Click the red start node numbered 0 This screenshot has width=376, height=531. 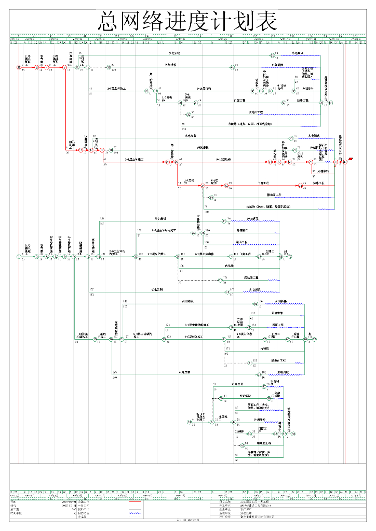pyautogui.click(x=19, y=67)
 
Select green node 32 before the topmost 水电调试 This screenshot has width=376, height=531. pyautogui.click(x=272, y=55)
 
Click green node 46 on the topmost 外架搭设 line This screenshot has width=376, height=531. pyautogui.click(x=233, y=67)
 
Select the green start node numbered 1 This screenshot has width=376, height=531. pyautogui.click(x=19, y=256)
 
